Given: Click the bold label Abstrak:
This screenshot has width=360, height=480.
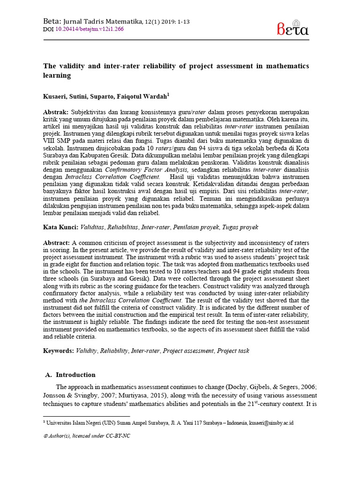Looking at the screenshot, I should coord(56,113).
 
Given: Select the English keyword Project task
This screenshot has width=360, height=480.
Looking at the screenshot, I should coord(233,351).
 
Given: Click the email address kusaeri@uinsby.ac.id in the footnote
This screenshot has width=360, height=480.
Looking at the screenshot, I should coord(271,422).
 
